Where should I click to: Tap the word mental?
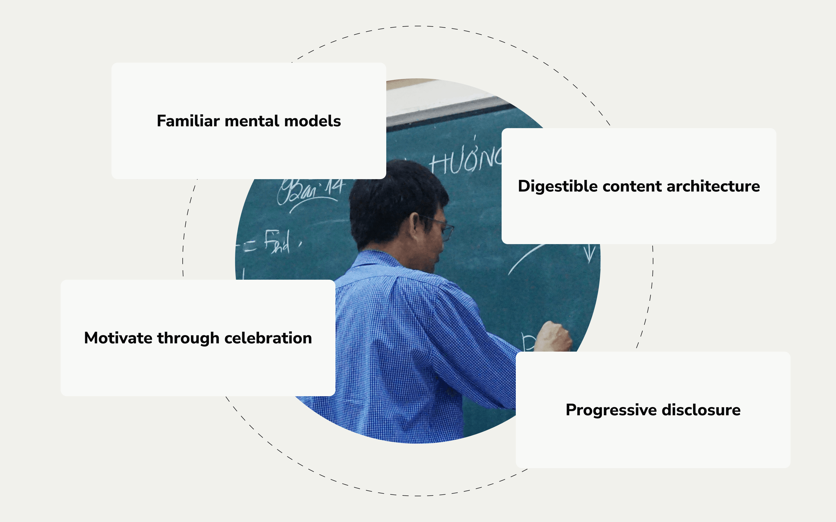coord(252,121)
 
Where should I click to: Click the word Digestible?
coord(558,186)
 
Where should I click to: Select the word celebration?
coord(268,338)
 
